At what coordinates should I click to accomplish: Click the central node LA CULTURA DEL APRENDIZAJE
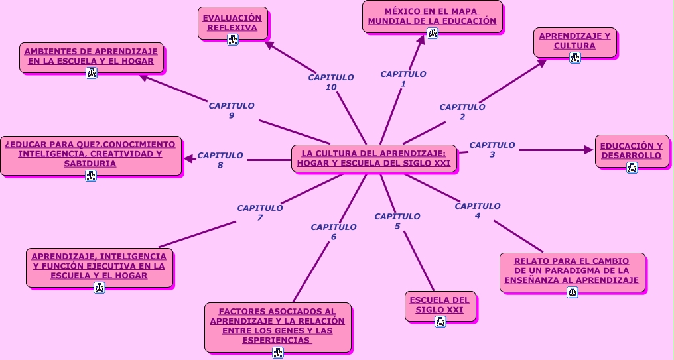click(x=373, y=158)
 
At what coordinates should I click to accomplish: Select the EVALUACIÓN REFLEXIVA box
click(x=232, y=23)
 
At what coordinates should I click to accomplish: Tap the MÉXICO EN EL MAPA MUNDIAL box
click(x=432, y=16)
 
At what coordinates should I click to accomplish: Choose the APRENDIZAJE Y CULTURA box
click(x=574, y=41)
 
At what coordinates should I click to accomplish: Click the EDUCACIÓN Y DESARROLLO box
click(x=632, y=150)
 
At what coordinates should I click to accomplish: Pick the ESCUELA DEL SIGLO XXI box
click(x=440, y=305)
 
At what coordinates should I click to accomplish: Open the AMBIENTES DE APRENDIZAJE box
click(x=91, y=56)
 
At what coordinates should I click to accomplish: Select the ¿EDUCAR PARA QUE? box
click(x=90, y=154)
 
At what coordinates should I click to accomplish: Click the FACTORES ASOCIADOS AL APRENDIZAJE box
click(x=277, y=326)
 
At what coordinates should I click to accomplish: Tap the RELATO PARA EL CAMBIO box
click(x=572, y=270)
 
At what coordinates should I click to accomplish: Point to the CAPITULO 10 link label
click(x=331, y=82)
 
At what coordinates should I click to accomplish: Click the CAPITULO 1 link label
click(x=403, y=79)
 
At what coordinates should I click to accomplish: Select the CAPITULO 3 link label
click(x=492, y=150)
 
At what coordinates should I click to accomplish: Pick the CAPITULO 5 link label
click(x=397, y=221)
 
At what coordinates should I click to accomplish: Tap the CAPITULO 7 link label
click(x=260, y=213)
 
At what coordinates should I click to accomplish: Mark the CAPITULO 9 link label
click(x=232, y=110)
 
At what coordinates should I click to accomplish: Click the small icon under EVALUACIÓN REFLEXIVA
click(x=233, y=39)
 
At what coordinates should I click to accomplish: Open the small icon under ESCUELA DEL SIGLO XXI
click(x=440, y=322)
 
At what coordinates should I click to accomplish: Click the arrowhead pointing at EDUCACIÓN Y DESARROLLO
click(x=588, y=150)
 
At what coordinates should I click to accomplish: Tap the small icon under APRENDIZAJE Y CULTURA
click(x=575, y=58)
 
